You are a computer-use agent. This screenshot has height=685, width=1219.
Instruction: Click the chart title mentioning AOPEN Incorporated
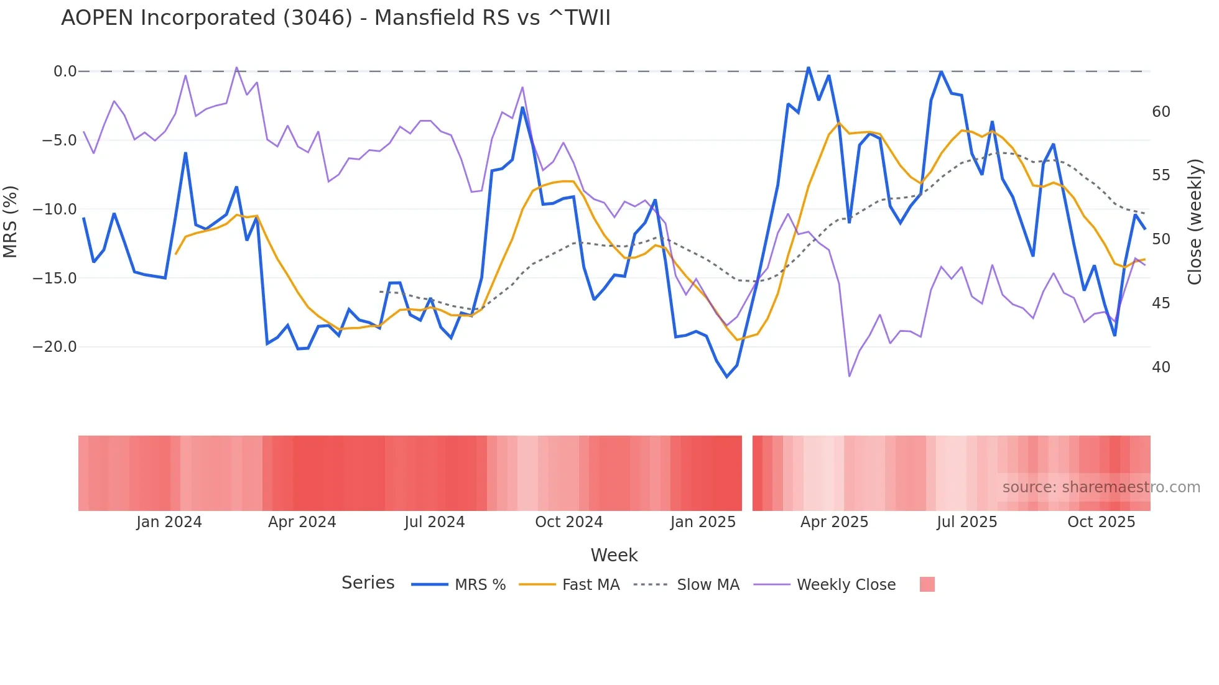click(336, 18)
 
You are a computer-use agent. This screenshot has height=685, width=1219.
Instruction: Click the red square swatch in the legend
click(927, 584)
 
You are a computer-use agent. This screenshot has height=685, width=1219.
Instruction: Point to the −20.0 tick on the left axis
click(55, 347)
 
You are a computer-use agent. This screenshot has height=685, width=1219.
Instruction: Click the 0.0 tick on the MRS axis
click(65, 71)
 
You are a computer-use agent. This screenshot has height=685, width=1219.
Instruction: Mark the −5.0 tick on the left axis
click(59, 140)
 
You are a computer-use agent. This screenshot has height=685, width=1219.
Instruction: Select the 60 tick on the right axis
click(1161, 112)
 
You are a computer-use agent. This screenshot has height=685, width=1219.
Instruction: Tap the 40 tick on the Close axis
click(1161, 367)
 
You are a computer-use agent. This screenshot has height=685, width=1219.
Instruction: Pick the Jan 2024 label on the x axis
click(169, 522)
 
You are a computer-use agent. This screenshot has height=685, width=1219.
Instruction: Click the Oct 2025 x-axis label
click(1101, 522)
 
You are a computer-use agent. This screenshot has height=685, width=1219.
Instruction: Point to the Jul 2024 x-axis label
click(435, 522)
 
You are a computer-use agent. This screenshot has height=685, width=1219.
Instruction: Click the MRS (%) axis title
click(11, 221)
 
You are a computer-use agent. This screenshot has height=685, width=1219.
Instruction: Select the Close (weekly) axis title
click(1195, 221)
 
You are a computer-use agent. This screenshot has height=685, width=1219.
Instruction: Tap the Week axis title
click(614, 555)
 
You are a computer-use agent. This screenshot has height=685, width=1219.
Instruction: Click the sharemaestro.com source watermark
click(1101, 487)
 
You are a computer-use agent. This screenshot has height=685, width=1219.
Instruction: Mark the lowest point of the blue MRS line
click(726, 377)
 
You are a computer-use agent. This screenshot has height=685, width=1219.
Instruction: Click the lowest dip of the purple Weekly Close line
click(850, 376)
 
